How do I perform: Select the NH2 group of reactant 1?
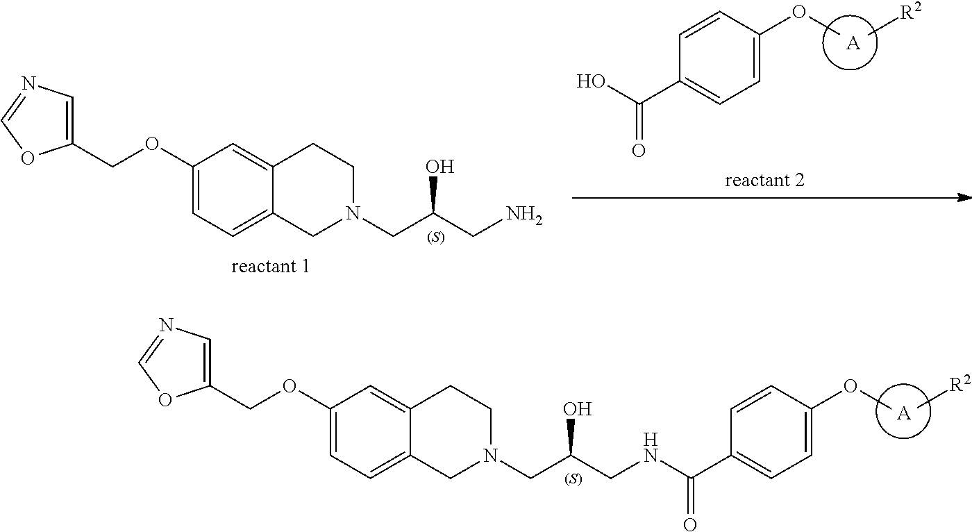[524, 215]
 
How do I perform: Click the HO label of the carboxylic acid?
[591, 83]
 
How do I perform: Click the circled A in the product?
[903, 414]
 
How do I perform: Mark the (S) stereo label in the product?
[574, 479]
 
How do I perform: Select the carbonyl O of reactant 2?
[638, 150]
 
